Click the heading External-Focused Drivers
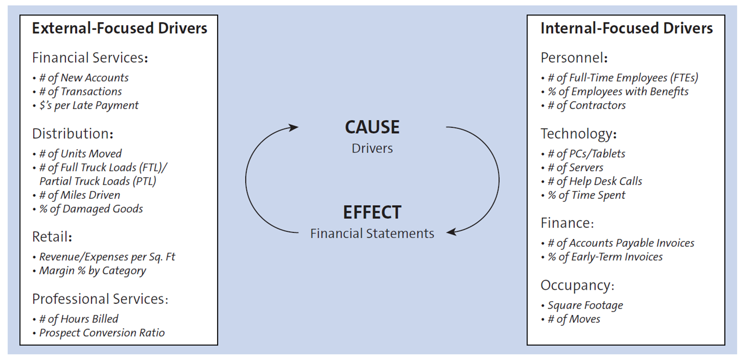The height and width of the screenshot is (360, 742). point(120,28)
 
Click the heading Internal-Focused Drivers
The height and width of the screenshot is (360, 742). point(626,28)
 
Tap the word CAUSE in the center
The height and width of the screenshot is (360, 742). point(372,127)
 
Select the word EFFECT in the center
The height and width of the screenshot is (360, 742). point(372,213)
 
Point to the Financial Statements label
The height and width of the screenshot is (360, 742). point(372,234)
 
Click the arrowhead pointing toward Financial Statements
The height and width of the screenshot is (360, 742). point(451,232)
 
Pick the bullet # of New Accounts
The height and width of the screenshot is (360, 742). point(83,78)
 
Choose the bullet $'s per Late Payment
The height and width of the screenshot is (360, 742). point(88,105)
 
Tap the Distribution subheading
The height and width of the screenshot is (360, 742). point(73,134)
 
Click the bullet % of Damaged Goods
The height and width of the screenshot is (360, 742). point(91,209)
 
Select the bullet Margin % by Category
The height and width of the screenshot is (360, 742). point(92,270)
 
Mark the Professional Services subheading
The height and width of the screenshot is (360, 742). point(100,299)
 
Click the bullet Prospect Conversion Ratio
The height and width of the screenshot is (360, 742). point(101,333)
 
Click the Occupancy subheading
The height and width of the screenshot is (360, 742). point(577,285)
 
